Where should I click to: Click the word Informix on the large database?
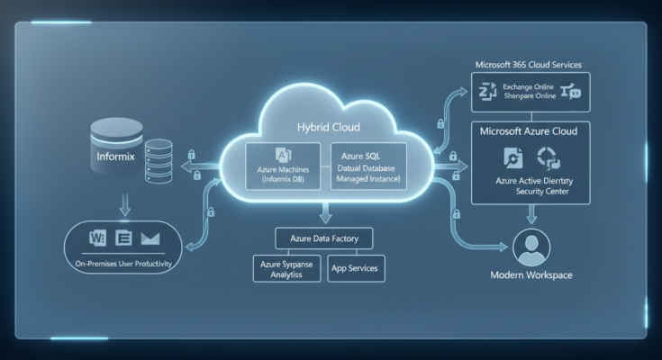point(114,155)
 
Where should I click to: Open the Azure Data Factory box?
point(323,238)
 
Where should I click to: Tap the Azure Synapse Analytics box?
point(285,268)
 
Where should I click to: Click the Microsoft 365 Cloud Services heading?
point(527,66)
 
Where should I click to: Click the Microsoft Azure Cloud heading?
point(528,131)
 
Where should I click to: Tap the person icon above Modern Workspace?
point(531,246)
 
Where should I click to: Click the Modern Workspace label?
point(531,274)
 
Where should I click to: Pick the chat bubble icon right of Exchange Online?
point(571,90)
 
